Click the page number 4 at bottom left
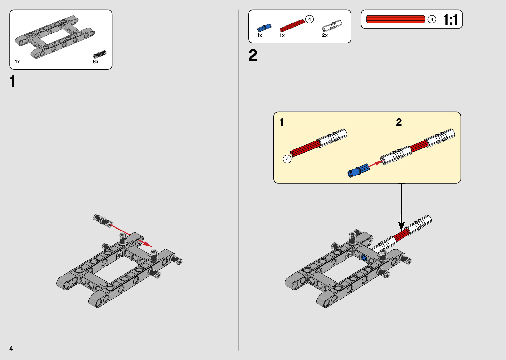point(11,348)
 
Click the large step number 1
point(13,82)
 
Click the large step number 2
point(253,55)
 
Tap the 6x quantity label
point(96,62)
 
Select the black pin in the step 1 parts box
point(100,54)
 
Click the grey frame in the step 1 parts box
point(55,36)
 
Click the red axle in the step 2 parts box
point(292,25)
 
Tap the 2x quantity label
point(325,35)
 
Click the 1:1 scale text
point(450,20)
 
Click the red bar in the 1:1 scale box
point(395,19)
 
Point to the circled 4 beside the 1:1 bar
point(432,20)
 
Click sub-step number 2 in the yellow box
point(399,122)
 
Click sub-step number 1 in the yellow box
point(282,122)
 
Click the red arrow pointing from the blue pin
point(375,164)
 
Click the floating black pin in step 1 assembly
point(102,220)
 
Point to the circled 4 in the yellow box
point(287,159)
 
